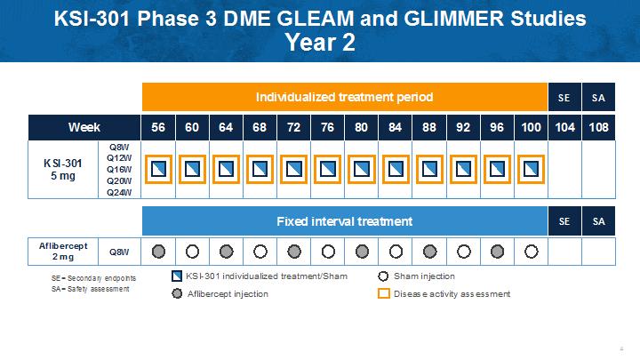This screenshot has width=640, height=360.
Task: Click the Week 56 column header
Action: coord(158,127)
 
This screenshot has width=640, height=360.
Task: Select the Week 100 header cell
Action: coord(531,127)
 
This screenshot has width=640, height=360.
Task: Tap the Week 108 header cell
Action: coord(598,127)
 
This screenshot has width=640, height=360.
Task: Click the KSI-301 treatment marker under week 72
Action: coord(294,170)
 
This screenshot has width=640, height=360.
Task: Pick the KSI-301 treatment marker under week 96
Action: coord(497,170)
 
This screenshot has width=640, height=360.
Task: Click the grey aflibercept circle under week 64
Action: coord(226,252)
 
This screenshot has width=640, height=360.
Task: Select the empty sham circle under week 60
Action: coord(192,252)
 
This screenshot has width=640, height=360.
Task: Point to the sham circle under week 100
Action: coord(531,252)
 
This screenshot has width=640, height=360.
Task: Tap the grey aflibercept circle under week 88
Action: coord(429,252)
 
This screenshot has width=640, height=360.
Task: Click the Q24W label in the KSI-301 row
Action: coord(119,192)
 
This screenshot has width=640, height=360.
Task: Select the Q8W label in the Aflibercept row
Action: coord(119,252)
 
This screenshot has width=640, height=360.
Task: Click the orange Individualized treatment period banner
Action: coord(345,97)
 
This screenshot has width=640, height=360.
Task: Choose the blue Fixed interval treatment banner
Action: coord(345,221)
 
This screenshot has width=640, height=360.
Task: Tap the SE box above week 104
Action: coord(564,97)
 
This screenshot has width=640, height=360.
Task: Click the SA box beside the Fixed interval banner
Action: coord(598,221)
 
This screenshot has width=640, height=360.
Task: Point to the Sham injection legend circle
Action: coord(383,276)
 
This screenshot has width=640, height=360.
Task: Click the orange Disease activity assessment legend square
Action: coord(384,293)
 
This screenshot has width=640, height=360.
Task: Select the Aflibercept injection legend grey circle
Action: coord(177,293)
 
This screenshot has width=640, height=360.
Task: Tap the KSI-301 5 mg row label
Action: coord(63,170)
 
